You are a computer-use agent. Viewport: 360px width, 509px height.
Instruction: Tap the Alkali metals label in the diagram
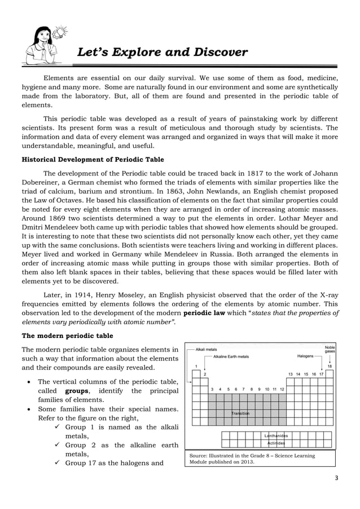(207, 350)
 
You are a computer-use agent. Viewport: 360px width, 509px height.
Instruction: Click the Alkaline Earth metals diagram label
(231, 357)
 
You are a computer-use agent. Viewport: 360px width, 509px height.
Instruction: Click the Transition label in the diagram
(240, 414)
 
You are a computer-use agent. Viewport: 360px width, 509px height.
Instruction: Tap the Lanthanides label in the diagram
(276, 436)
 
